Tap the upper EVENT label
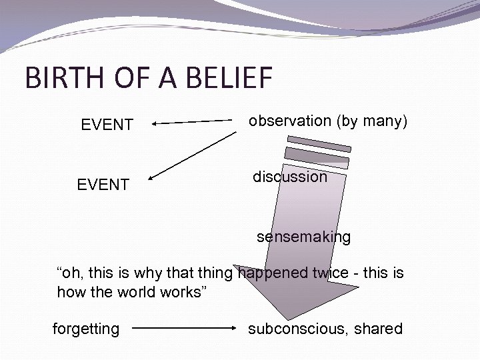click(107, 124)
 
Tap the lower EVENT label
click(103, 184)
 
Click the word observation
click(290, 121)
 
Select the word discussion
click(290, 177)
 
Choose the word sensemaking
click(304, 237)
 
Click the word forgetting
click(86, 329)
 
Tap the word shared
click(379, 329)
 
